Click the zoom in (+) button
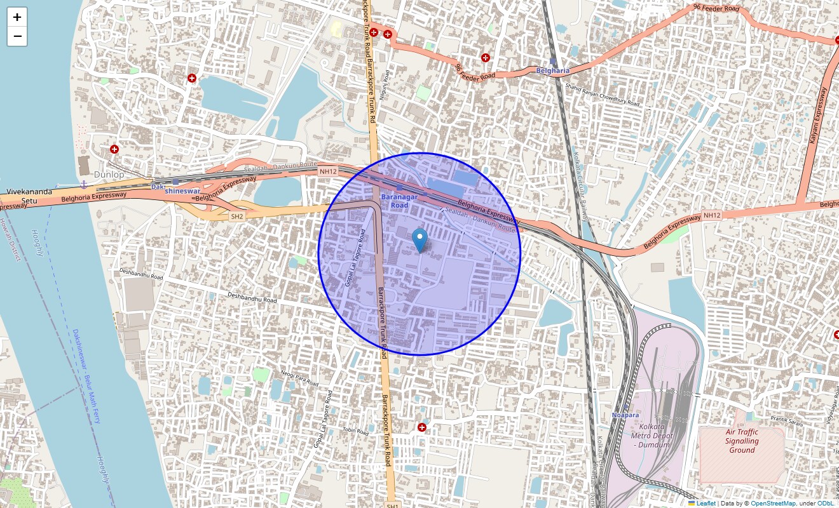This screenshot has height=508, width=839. pos(17,17)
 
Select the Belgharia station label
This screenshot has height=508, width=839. pos(552,70)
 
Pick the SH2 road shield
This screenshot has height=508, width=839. pos(237,217)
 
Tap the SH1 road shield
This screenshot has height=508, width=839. pos(392,505)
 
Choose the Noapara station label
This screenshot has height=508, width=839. pos(625,415)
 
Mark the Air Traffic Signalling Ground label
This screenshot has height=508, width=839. pos(742,441)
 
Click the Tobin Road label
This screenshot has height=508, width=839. pos(355,432)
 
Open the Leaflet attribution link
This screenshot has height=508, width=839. pos(705,504)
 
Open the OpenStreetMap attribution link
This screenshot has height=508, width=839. pos(773,504)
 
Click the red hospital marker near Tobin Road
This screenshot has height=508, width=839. pos(422,427)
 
